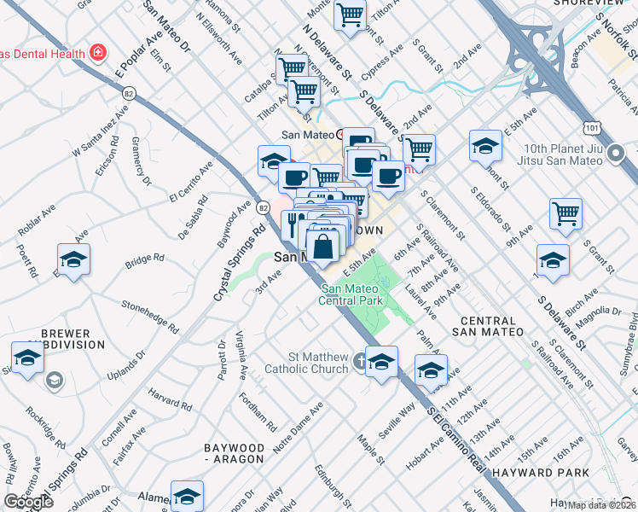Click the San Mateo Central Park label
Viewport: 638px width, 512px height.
351,294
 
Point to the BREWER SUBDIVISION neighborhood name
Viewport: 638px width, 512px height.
71,339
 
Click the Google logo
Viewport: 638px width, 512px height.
29,502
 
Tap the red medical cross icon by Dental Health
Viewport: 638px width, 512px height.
99,53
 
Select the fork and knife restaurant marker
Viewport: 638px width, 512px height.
293,224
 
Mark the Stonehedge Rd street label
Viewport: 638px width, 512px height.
150,316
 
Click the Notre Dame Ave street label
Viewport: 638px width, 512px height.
298,428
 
